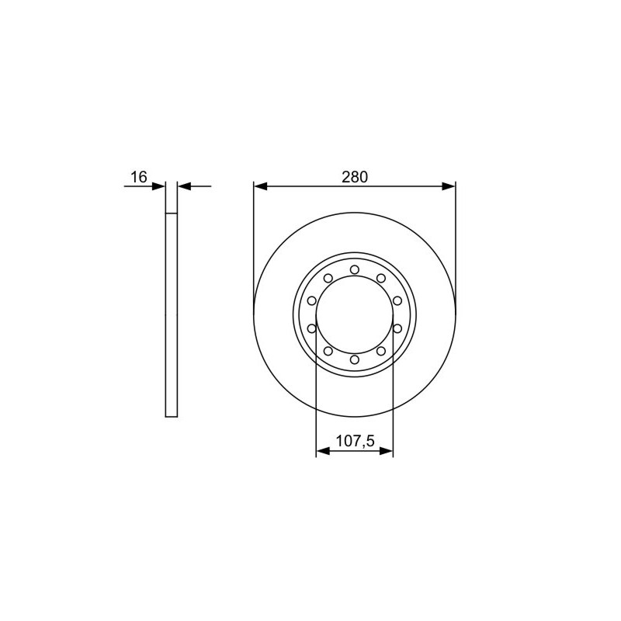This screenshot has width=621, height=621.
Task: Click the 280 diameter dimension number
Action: coord(355,177)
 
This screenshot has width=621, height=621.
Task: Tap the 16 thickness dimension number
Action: coord(139,177)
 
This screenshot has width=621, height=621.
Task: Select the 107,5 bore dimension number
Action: coord(355,440)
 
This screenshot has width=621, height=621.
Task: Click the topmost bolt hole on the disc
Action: coord(355,269)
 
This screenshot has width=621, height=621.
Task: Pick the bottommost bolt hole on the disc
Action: coord(355,359)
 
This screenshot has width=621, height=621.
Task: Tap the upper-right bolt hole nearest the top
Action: coord(381,279)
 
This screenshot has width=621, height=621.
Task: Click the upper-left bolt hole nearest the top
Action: coord(328,279)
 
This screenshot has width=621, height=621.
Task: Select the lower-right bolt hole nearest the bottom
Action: coord(381,351)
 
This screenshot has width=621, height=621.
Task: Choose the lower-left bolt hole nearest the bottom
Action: coord(328,351)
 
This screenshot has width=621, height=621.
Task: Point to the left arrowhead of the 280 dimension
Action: coord(260,186)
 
